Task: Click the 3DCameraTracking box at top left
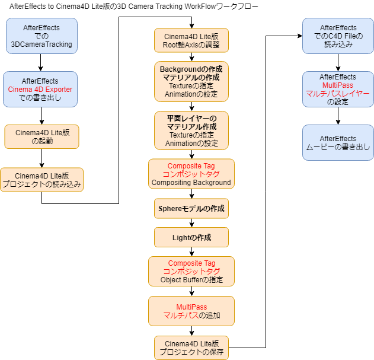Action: tap(41, 36)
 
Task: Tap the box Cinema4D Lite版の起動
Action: tap(41, 136)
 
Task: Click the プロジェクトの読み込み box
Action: tap(41, 180)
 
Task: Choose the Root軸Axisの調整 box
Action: tap(191, 41)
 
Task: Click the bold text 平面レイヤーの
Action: tap(191, 119)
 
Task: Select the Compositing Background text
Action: tap(191, 183)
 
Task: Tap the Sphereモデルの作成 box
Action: tap(191, 209)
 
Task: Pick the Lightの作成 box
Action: tap(191, 237)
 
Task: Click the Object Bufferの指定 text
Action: tap(191, 279)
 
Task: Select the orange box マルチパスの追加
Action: tap(191, 311)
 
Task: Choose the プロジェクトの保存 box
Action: tap(191, 348)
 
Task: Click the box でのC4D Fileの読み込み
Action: tap(338, 36)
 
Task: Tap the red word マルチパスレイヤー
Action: tap(338, 94)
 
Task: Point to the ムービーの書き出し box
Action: tap(338, 142)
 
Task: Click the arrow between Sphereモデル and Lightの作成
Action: tap(191, 223)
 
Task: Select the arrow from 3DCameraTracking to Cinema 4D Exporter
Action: tap(40, 62)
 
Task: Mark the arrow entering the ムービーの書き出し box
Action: tap(338, 119)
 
